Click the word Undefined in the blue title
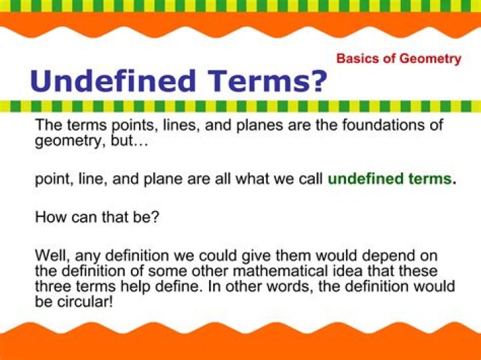click(x=113, y=80)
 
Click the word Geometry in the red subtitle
click(x=431, y=59)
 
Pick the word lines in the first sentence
click(x=182, y=126)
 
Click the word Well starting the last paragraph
click(x=52, y=256)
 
